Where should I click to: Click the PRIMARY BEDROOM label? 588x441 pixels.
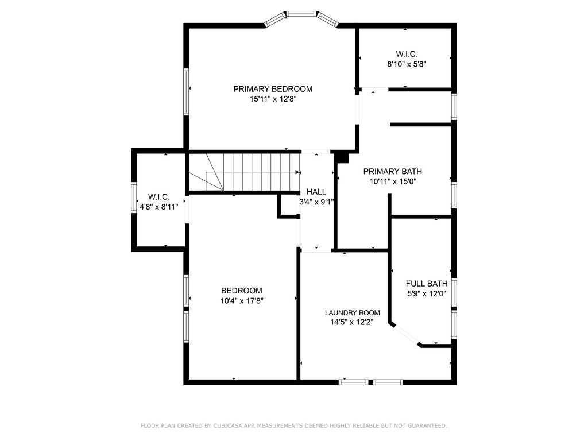coord(273,89)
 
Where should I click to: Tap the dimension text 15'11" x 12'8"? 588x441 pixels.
coord(273,99)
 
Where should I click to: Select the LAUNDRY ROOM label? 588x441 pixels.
coord(352,313)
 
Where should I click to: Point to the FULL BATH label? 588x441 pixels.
coord(427,284)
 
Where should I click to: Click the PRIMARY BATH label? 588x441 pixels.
coord(392,171)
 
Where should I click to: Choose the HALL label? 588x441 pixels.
coord(316,192)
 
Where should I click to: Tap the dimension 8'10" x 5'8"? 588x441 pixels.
coord(407,64)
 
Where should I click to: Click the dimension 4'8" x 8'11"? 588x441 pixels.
coord(158,207)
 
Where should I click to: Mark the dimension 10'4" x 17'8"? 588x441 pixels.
coord(242,301)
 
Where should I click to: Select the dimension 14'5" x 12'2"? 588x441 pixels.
coord(352,322)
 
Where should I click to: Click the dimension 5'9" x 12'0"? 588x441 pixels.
coord(427,293)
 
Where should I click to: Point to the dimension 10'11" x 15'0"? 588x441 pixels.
coord(393,182)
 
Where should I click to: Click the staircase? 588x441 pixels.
coord(243,172)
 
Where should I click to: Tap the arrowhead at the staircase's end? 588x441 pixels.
coord(298,172)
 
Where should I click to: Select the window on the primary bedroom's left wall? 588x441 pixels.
coord(186,91)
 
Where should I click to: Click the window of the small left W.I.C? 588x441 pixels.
coord(134,198)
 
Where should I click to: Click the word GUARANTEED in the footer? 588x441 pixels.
coord(428,425)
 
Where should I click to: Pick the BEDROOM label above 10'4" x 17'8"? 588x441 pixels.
coord(242,291)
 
